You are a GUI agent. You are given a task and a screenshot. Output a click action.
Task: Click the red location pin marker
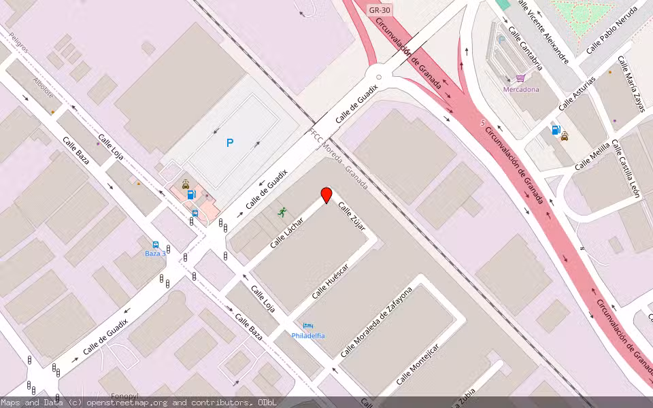click(326, 195)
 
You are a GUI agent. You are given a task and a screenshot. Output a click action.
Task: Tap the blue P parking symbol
click(230, 143)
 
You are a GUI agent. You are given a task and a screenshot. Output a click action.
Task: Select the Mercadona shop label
click(521, 89)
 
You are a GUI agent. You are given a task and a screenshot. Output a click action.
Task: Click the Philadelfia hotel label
click(308, 336)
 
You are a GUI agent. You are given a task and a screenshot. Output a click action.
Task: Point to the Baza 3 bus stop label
click(155, 254)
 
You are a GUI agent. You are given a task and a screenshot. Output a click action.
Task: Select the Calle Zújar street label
click(352, 216)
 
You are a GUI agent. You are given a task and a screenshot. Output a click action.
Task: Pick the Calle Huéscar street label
click(330, 281)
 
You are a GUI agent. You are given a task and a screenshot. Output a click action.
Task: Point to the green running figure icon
click(282, 212)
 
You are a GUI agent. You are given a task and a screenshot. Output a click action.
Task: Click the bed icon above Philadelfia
click(307, 326)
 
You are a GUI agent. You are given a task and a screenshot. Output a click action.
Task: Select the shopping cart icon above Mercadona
click(520, 78)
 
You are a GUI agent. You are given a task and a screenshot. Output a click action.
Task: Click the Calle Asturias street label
click(577, 93)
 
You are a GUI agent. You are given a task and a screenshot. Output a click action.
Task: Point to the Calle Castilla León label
click(625, 169)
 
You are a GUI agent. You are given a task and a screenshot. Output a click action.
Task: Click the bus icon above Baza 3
click(156, 245)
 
